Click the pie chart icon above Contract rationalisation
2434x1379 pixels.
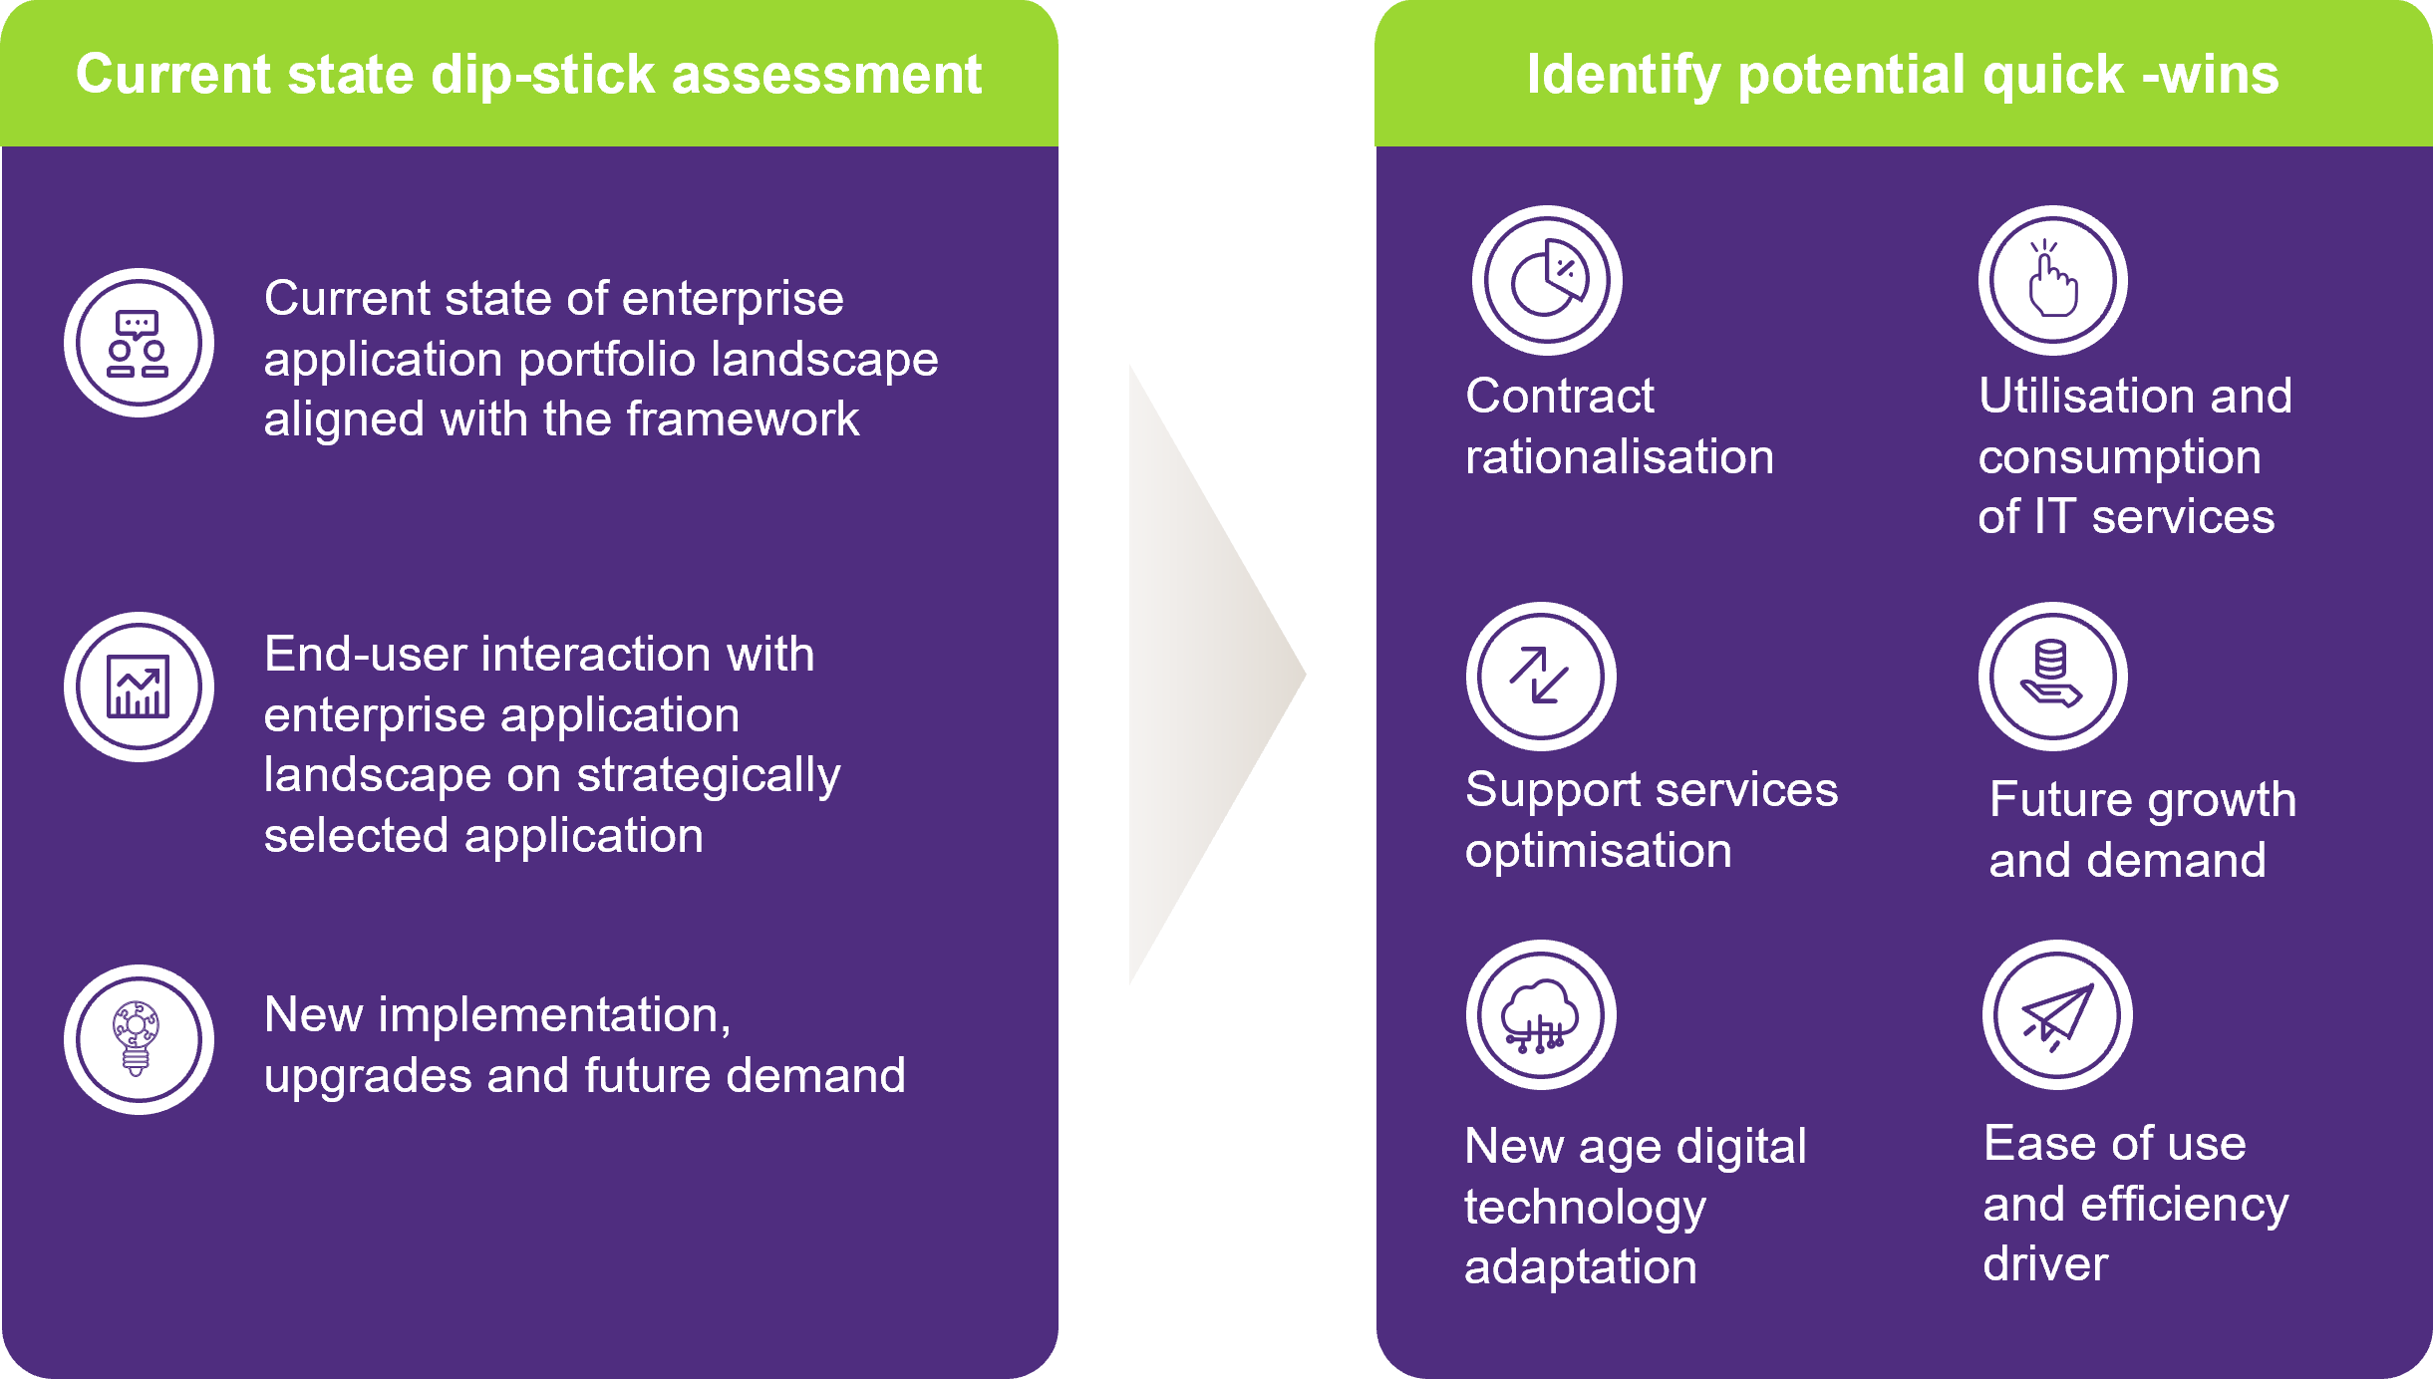pyautogui.click(x=1547, y=280)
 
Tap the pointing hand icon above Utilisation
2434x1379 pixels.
pyautogui.click(x=2053, y=280)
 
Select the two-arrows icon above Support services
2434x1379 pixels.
pyautogui.click(x=1541, y=676)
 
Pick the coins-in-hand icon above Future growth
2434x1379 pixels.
pyautogui.click(x=2053, y=676)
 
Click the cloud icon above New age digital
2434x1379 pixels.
pyautogui.click(x=1541, y=1014)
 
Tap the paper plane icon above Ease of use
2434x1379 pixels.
pyautogui.click(x=2057, y=1014)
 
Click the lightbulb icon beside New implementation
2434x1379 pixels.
pyautogui.click(x=139, y=1039)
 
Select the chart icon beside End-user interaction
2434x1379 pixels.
pyautogui.click(x=139, y=687)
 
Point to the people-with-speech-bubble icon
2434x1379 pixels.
pyautogui.click(x=139, y=343)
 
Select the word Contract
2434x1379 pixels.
pyautogui.click(x=1560, y=396)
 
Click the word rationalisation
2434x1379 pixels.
pyautogui.click(x=1620, y=456)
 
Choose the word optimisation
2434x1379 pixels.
pyautogui.click(x=1599, y=852)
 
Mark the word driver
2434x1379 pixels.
pyautogui.click(x=2045, y=1263)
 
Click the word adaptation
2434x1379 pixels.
pyautogui.click(x=1581, y=1268)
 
